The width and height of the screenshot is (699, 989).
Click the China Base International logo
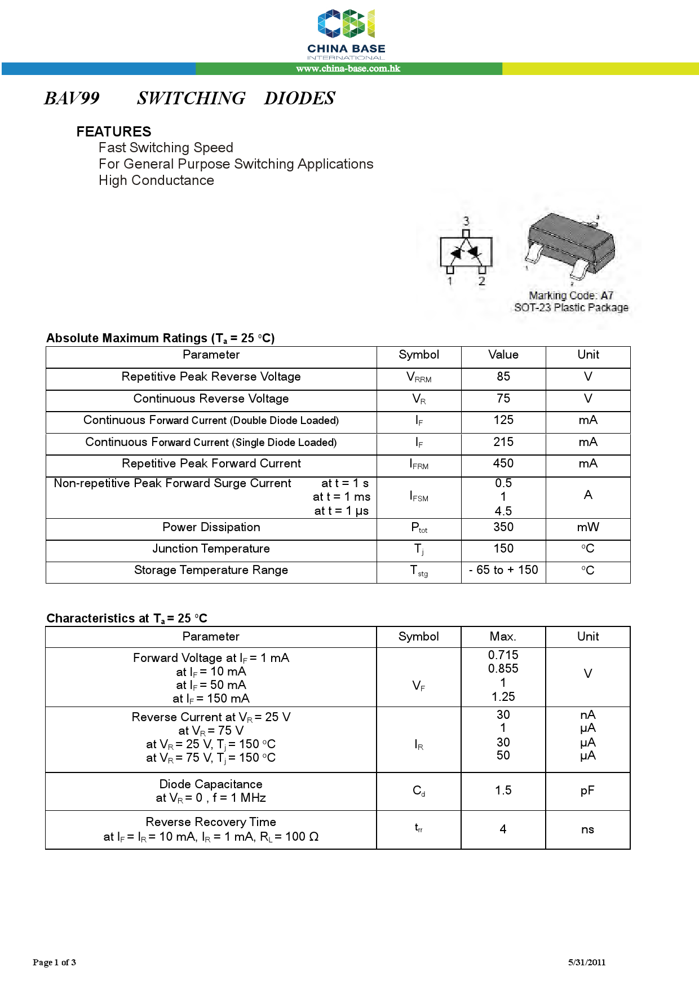coord(346,34)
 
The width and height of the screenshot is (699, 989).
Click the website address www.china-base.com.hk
coord(348,69)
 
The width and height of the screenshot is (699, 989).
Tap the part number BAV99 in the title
coord(72,98)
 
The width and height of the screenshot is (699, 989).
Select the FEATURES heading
coord(114,131)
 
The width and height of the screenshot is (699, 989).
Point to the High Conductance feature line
coord(156,180)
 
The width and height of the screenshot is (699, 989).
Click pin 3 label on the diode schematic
coord(466,220)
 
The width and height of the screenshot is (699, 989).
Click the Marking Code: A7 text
coord(570,295)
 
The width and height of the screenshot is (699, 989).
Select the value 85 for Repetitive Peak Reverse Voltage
coord(503,377)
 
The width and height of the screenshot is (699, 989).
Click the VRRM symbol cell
coord(419,378)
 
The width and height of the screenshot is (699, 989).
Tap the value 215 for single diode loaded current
coord(503,442)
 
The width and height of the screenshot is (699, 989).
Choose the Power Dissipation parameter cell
coord(211,527)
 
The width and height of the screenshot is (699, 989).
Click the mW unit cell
coord(588,527)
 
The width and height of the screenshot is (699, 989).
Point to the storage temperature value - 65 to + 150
coord(503,570)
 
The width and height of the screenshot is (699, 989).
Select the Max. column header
coord(503,637)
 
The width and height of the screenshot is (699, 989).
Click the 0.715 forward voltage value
coord(503,655)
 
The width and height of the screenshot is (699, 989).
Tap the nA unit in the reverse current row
coord(588,715)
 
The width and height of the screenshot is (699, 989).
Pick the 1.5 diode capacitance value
coord(503,791)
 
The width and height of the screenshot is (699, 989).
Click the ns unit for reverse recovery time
coord(587,829)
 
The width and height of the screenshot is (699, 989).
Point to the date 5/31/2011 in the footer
coord(586,962)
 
